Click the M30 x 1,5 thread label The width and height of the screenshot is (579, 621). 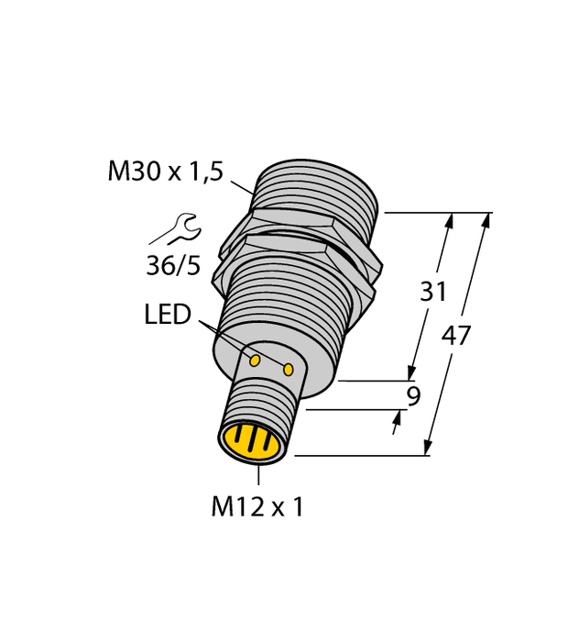click(165, 172)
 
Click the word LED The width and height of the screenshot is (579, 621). click(168, 315)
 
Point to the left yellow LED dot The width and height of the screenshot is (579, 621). click(255, 360)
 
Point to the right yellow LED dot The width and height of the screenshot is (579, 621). click(289, 369)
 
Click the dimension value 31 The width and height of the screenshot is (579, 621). click(433, 292)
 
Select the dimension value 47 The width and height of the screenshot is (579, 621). click(455, 336)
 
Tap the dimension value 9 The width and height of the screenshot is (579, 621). click(413, 396)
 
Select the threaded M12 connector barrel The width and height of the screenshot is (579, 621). click(266, 404)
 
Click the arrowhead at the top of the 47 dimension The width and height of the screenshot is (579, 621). click(483, 221)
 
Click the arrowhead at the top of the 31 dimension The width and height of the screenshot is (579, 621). click(448, 221)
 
